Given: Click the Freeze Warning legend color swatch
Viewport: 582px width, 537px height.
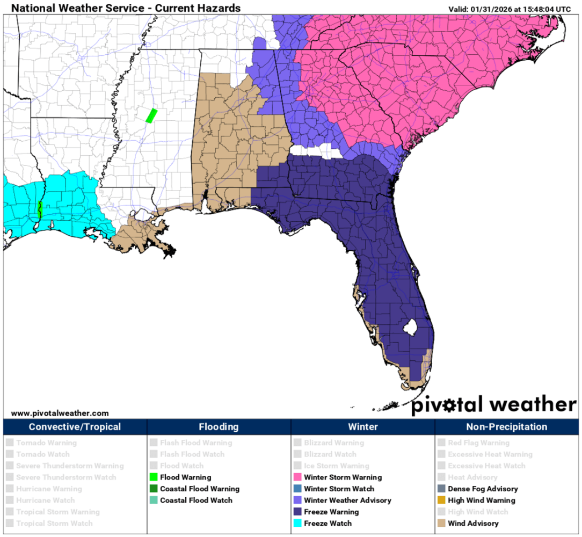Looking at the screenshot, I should point(297,512).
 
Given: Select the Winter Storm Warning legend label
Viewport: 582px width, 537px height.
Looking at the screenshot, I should point(343,477).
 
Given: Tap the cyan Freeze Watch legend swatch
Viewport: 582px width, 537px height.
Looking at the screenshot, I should point(297,524).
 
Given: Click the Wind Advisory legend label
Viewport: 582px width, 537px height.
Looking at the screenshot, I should point(473,524).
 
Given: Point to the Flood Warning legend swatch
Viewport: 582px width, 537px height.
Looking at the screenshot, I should point(154,477).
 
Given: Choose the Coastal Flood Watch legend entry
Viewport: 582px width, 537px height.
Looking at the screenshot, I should point(196,500).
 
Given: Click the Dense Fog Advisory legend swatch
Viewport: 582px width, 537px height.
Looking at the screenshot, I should point(441,489).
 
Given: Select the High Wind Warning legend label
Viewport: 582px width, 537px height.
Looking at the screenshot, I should point(481,500).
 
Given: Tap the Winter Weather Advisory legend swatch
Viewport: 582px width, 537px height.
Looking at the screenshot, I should point(297,500).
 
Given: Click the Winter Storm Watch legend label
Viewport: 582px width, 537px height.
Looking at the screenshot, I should point(339,489).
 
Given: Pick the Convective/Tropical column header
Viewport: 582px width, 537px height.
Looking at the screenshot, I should point(75,427).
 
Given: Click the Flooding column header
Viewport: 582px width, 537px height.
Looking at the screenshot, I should point(219,427).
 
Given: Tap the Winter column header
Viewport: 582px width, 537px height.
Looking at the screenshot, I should point(363,427).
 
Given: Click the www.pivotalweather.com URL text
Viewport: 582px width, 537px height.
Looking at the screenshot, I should point(60,413).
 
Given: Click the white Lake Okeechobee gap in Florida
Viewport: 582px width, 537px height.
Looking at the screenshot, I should point(412,326).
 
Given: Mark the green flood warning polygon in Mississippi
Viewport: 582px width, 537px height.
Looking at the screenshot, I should point(151,115).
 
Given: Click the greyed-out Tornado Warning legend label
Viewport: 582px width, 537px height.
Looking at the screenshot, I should point(46,443).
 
